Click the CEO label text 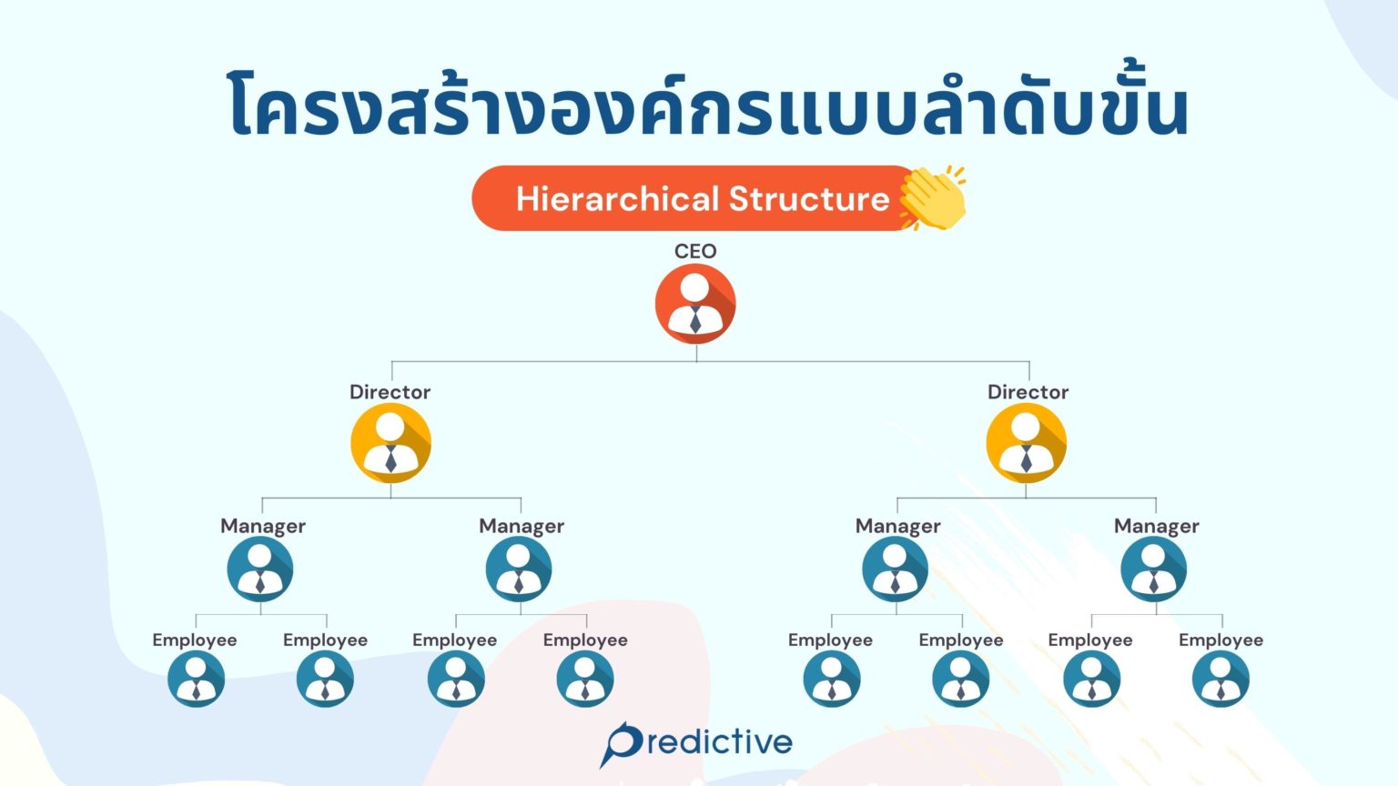click(x=695, y=251)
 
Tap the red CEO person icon click(x=695, y=304)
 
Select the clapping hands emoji click(x=932, y=197)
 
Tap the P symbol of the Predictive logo click(x=623, y=742)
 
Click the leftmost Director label click(x=390, y=392)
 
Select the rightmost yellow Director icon click(x=1026, y=443)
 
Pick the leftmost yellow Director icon click(x=390, y=443)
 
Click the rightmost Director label click(x=1028, y=392)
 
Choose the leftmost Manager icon click(x=260, y=569)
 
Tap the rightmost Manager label click(x=1156, y=526)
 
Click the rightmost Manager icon click(x=1153, y=569)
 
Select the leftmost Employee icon click(x=196, y=679)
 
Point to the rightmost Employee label click(x=1221, y=640)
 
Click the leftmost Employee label click(x=194, y=640)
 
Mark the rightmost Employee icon click(x=1221, y=679)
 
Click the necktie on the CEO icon click(x=695, y=320)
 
